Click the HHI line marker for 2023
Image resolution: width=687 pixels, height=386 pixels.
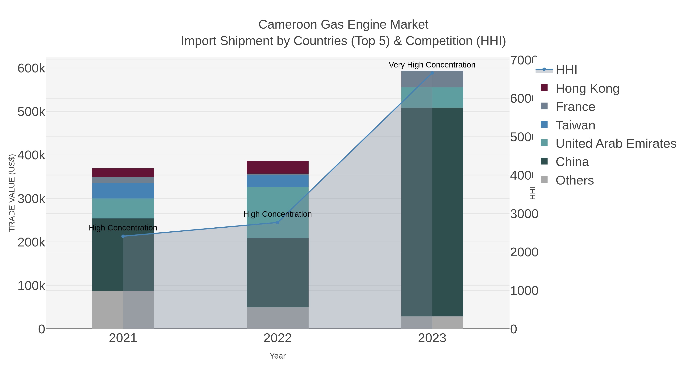432,73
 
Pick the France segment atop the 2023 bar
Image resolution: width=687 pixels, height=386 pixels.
432,79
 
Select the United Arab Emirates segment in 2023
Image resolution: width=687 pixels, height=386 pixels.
432,97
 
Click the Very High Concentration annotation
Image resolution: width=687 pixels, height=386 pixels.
432,65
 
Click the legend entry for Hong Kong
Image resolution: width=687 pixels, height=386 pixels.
587,88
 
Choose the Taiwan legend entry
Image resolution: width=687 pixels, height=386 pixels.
575,125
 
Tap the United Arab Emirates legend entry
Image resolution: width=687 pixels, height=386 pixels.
616,144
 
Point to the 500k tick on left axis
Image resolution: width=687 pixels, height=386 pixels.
31,112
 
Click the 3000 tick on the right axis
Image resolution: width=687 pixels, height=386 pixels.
524,214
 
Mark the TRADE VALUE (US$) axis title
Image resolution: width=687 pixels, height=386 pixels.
12,193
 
